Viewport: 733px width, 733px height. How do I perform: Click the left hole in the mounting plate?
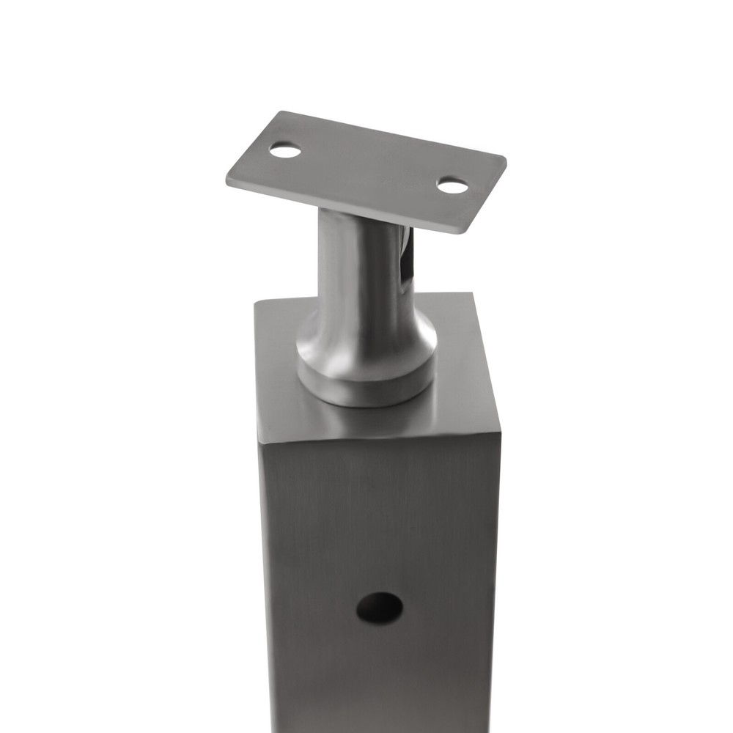tap(285, 151)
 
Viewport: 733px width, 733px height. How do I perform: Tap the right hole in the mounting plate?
tap(452, 186)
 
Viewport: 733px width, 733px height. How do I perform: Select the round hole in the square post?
tap(379, 608)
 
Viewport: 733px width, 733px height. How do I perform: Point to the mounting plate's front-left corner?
tap(228, 180)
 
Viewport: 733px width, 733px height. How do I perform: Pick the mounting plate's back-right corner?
tap(504, 156)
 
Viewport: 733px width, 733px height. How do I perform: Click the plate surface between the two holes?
tap(366, 169)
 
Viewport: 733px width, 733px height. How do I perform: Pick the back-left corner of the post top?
tap(256, 302)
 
